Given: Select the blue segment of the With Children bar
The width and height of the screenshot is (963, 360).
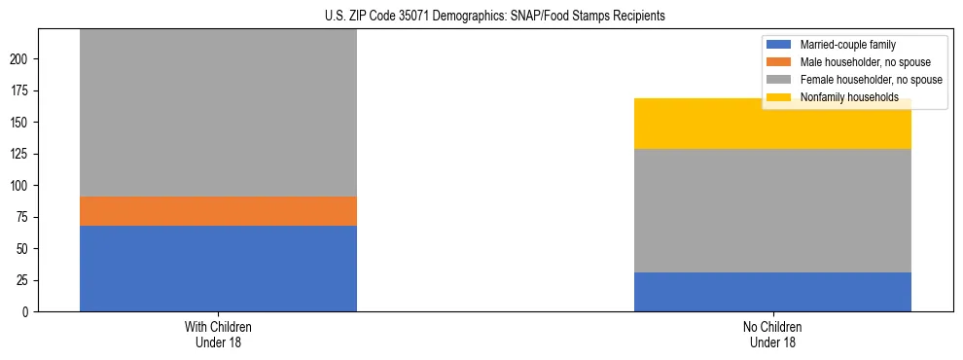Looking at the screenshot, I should [218, 269].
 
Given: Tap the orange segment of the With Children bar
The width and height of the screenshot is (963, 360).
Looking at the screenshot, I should [218, 211].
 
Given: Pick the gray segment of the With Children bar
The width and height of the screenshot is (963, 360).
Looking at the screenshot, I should [218, 113].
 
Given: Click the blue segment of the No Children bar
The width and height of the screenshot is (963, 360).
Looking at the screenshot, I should [772, 292].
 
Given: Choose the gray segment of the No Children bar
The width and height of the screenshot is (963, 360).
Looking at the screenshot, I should [772, 210].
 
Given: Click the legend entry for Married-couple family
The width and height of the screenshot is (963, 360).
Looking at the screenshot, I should [847, 45].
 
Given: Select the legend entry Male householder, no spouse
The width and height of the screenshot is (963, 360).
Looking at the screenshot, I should [864, 62].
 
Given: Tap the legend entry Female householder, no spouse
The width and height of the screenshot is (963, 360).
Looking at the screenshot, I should [870, 80].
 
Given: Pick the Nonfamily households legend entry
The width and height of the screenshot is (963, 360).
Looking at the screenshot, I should [849, 97].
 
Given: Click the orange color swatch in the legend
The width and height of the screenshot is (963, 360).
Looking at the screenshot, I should [779, 62].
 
